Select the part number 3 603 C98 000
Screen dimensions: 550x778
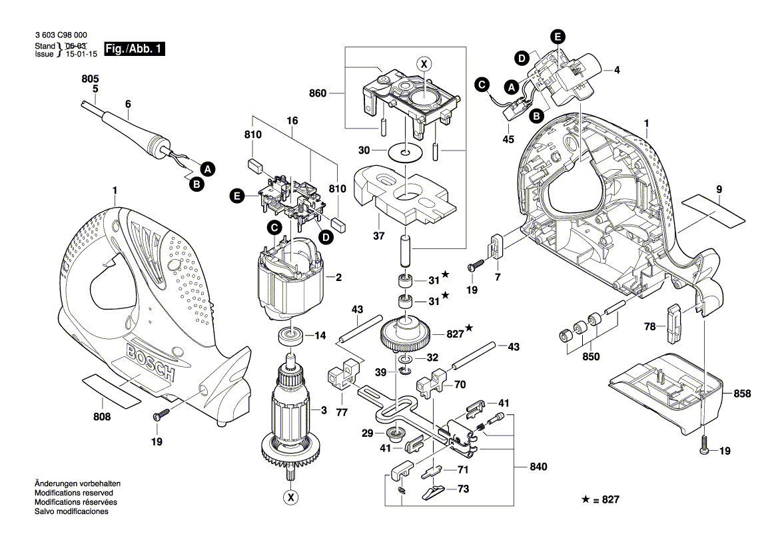click(60, 35)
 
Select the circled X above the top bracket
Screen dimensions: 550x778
click(424, 63)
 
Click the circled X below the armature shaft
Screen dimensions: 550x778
click(290, 497)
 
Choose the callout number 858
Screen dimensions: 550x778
click(741, 394)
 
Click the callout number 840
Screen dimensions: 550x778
click(537, 467)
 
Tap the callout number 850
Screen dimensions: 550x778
click(590, 357)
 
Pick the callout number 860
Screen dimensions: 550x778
click(318, 94)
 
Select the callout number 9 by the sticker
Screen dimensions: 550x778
click(719, 190)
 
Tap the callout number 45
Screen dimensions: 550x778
click(508, 139)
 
